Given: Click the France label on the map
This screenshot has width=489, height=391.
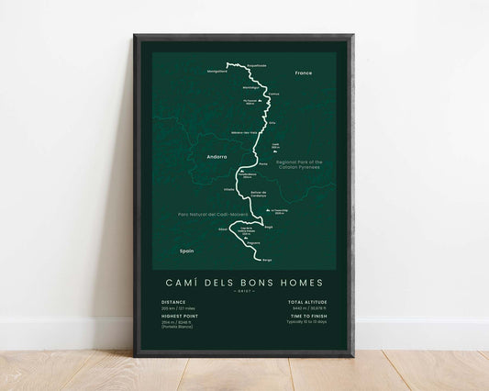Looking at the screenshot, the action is click(x=304, y=72).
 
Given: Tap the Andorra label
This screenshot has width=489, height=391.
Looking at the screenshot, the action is click(x=217, y=157).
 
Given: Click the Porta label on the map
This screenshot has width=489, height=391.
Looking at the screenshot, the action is click(x=263, y=163).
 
